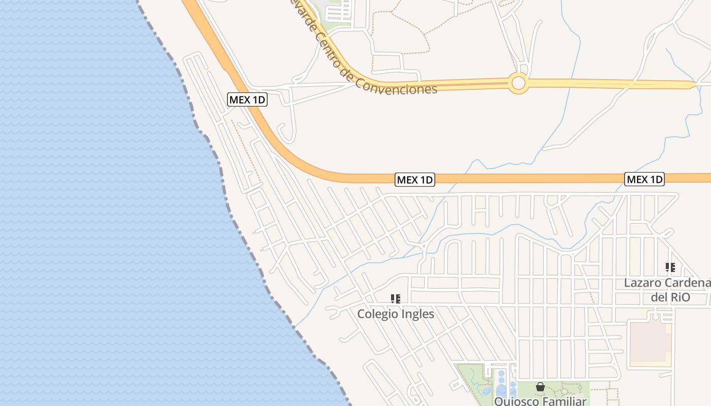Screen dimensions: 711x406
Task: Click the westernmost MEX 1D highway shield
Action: [x=247, y=99]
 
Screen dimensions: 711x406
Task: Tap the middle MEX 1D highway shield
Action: [x=415, y=180]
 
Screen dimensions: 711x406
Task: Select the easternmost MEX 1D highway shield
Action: [x=644, y=179]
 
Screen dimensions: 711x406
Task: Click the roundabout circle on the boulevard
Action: [x=519, y=83]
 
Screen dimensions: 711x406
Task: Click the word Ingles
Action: [x=418, y=314]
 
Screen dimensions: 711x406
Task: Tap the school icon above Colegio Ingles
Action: [x=396, y=299]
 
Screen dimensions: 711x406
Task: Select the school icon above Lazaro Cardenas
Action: [x=670, y=267]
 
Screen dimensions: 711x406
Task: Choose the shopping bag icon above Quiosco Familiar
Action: [x=540, y=387]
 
